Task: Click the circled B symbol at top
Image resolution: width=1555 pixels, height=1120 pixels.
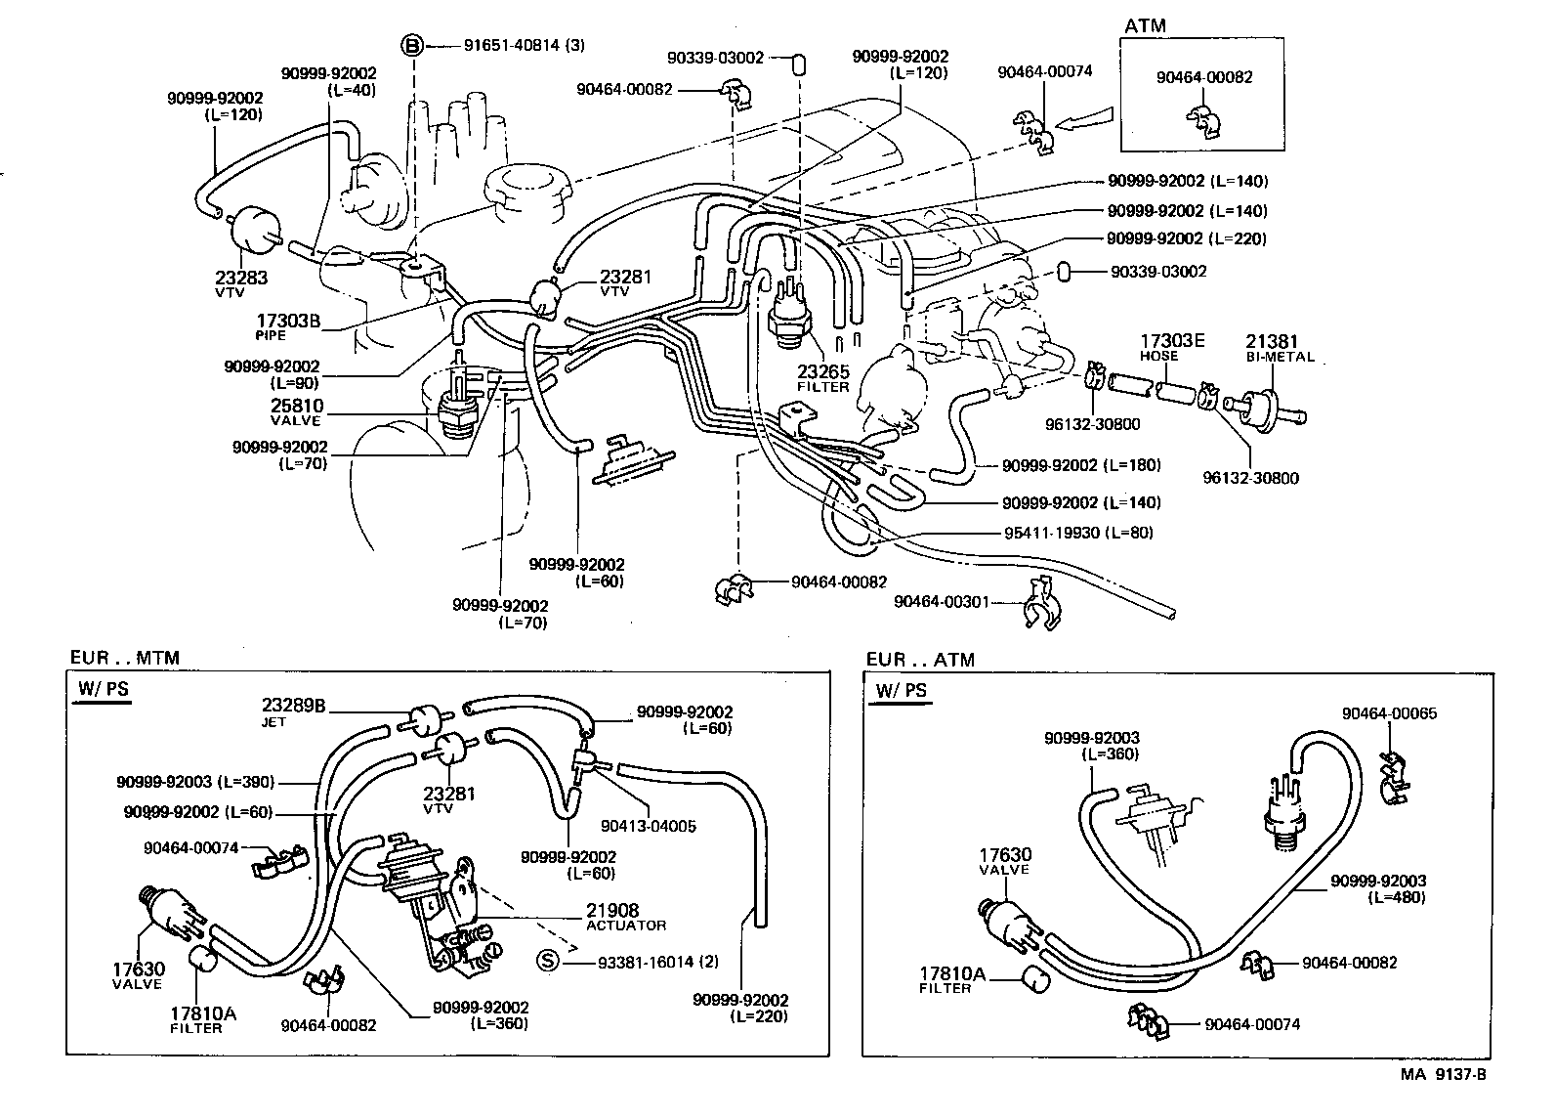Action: [x=413, y=45]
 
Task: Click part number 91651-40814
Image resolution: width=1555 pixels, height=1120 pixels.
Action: [x=513, y=45]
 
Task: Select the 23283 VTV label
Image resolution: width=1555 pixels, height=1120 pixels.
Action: [x=240, y=282]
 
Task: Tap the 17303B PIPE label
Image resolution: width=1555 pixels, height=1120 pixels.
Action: [x=288, y=325]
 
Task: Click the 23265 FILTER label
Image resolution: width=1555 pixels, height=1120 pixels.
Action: [x=823, y=378]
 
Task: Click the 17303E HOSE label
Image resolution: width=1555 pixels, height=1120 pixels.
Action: [x=1172, y=347]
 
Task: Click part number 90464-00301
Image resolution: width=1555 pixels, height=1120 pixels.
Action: [x=946, y=601]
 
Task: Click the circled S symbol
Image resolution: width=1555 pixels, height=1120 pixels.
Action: [x=548, y=961]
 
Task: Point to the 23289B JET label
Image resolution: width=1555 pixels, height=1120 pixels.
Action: [x=293, y=711]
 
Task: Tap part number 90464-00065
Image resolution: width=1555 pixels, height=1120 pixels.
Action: [x=1389, y=713]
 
